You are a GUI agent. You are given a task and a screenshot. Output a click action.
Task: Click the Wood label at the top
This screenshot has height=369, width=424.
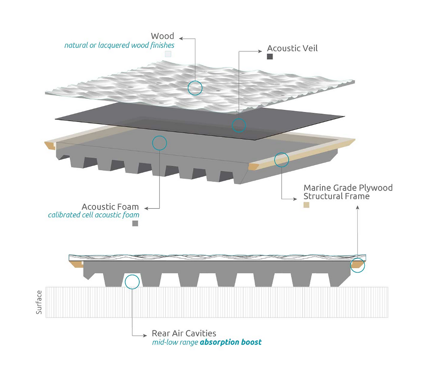point(162,36)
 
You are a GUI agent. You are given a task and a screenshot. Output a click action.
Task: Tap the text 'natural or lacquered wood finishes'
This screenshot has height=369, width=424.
point(119,45)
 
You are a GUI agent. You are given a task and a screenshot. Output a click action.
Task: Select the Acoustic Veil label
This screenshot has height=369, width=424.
point(292,48)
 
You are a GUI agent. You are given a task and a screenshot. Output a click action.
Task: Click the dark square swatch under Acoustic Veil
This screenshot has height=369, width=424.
point(270,57)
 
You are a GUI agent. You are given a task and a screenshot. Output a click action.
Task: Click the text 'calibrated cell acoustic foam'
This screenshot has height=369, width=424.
point(93,215)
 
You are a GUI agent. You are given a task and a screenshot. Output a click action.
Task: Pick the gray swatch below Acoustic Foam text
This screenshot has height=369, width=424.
point(135,223)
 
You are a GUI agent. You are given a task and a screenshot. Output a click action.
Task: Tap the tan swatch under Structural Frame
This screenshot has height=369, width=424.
point(306,205)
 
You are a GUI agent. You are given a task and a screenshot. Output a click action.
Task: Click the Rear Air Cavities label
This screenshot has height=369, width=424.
point(184,333)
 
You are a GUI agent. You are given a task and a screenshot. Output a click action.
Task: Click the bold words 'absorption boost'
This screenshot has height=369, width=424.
point(231,342)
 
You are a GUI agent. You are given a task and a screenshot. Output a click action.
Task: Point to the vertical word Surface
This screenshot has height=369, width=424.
point(39,302)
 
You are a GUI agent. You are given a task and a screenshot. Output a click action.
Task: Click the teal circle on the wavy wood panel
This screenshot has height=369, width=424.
point(195,87)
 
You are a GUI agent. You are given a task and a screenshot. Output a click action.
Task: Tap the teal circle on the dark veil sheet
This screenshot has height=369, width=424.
point(238,126)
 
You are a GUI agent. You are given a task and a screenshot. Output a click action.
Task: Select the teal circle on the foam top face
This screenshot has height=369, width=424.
point(160,142)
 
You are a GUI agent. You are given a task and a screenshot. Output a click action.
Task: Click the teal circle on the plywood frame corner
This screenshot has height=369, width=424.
point(281,159)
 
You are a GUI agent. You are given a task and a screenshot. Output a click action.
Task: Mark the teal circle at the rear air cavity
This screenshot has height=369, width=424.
point(132,282)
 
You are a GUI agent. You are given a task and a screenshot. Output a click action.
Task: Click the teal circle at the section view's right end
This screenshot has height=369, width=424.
point(357,265)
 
